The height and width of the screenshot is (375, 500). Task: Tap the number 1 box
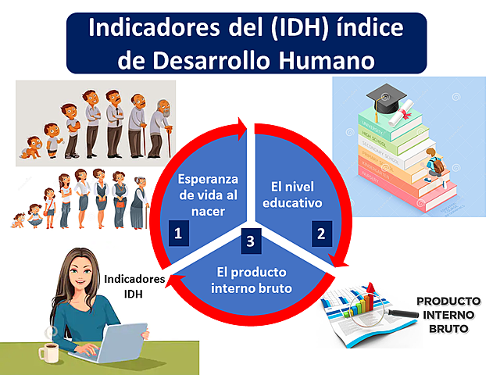click(178, 232)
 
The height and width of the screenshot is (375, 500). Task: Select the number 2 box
click(320, 232)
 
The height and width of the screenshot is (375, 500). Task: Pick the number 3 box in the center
click(249, 241)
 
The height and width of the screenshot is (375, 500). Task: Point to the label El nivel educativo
click(296, 195)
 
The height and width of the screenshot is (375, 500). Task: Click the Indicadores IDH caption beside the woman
click(134, 286)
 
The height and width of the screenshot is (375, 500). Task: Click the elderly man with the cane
click(160, 125)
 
